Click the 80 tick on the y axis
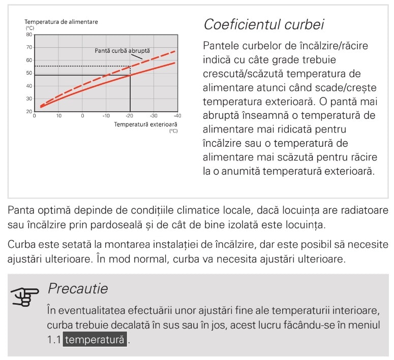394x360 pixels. pos(29,35)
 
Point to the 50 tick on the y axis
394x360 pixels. pos(29,73)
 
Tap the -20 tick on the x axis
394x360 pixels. pos(130,116)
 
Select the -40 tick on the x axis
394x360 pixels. pos(177,116)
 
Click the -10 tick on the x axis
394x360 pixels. pos(106,116)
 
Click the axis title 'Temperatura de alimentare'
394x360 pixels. pos(62,22)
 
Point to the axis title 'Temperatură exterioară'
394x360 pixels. pos(145,124)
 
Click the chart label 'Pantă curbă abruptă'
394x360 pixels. pos(123,51)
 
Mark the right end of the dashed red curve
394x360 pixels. pos(175,51)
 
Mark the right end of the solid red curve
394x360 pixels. pos(175,63)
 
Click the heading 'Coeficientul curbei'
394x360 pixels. pos(263,24)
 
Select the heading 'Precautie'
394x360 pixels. pos(77,289)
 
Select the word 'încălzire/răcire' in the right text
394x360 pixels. pos(334,46)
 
